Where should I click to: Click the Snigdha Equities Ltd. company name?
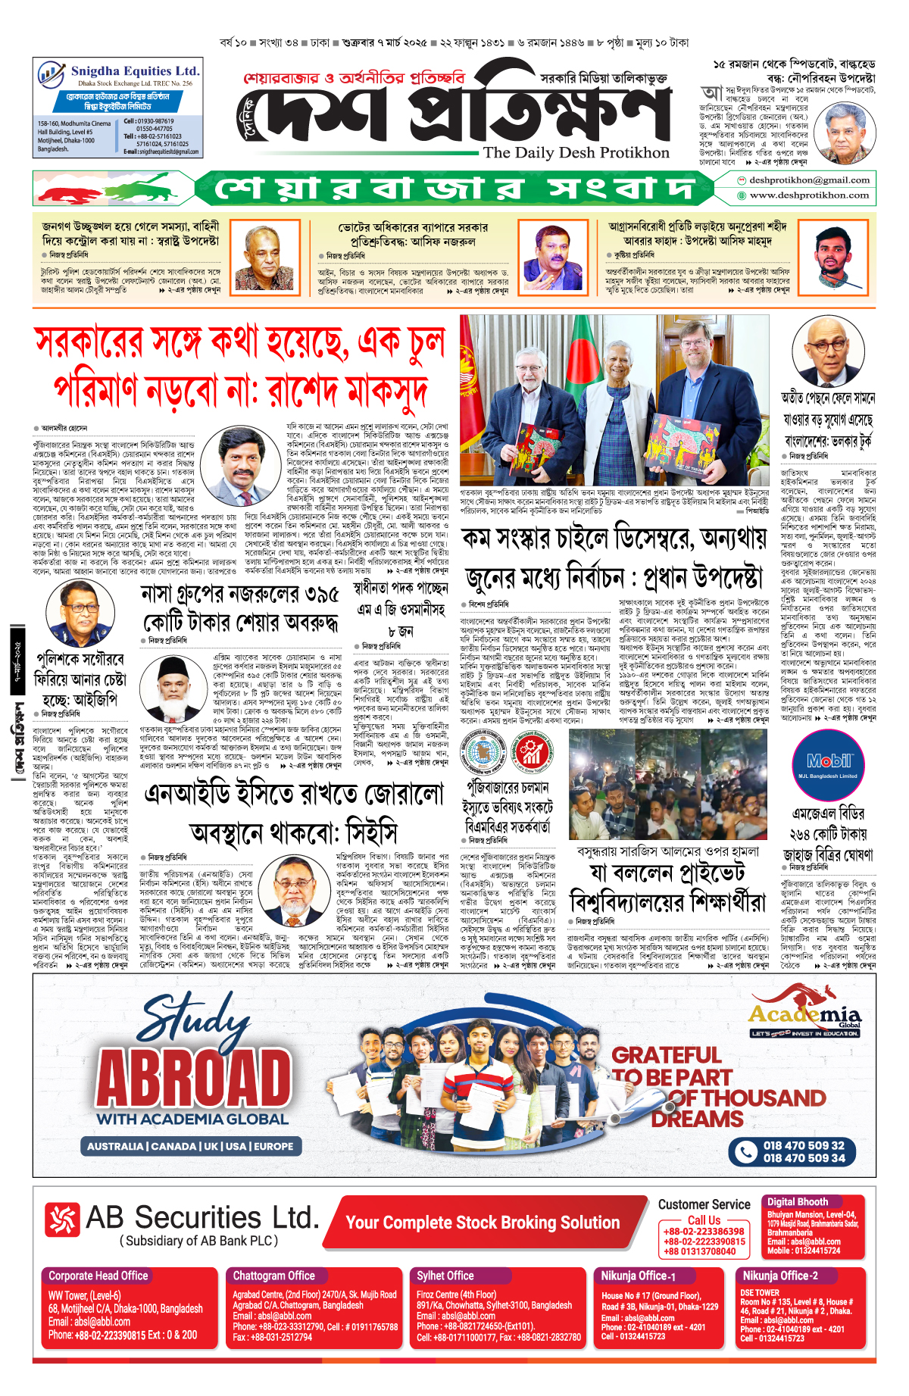click(x=135, y=70)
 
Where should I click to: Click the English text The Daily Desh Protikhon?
click(x=576, y=152)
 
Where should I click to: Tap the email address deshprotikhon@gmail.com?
click(x=809, y=180)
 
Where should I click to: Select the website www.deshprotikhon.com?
click(x=809, y=195)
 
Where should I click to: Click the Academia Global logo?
click(x=805, y=1018)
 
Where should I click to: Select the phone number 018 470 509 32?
click(x=804, y=1145)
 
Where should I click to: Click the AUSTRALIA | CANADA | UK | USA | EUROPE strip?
click(x=190, y=1146)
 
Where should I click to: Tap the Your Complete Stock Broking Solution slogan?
click(x=483, y=1223)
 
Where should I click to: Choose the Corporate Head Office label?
click(x=98, y=1276)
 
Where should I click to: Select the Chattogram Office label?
click(x=273, y=1276)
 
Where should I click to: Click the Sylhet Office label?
click(x=445, y=1276)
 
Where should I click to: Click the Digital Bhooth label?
click(x=798, y=1202)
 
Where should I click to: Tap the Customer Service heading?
click(x=704, y=1204)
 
